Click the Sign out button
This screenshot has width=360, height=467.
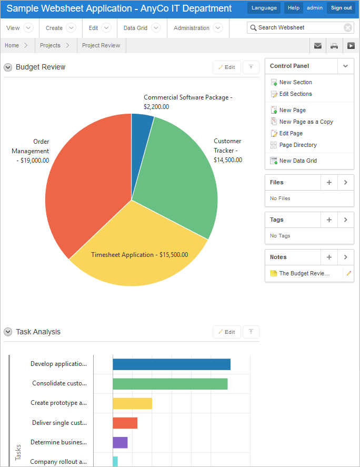(x=341, y=8)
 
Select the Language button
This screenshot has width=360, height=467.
(x=264, y=8)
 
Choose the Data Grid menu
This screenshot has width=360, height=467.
(x=141, y=28)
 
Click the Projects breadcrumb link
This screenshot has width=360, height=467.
(x=50, y=45)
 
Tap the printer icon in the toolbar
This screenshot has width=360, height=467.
(x=334, y=46)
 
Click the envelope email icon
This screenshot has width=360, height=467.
(x=318, y=46)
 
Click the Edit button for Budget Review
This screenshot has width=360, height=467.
(x=227, y=67)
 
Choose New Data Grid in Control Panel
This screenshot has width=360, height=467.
(x=298, y=161)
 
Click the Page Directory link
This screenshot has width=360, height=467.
(x=298, y=145)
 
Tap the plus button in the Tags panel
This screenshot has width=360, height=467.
(x=329, y=220)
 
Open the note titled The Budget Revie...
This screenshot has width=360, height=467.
(x=304, y=273)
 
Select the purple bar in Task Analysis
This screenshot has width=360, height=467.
(x=120, y=442)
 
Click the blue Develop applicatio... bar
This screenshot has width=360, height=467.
(x=172, y=364)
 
